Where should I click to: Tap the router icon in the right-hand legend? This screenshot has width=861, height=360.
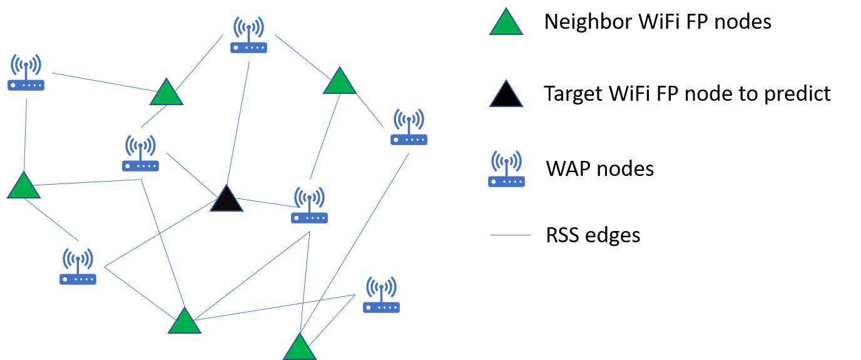point(506,170)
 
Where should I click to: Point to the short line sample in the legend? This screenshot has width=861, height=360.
point(511,235)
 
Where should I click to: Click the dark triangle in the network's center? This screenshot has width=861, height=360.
point(227,200)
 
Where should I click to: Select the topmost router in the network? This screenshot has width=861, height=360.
point(248,36)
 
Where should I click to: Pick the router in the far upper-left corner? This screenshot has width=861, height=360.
point(26,73)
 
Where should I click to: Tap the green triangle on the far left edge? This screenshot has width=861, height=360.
point(24,187)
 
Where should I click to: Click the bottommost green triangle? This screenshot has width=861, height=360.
point(300,349)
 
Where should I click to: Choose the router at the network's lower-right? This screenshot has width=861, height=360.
point(381,296)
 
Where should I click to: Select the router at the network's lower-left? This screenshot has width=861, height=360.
point(78,267)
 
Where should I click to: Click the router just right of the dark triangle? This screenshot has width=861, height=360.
point(309,206)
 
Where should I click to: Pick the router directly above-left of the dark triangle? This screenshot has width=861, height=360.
point(140,154)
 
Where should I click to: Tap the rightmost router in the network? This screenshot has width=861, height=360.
point(409,128)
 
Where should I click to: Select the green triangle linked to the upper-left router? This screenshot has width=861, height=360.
point(166,93)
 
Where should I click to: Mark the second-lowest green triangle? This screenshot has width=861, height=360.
point(185,322)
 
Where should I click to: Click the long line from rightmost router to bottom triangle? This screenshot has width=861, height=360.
point(354,244)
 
